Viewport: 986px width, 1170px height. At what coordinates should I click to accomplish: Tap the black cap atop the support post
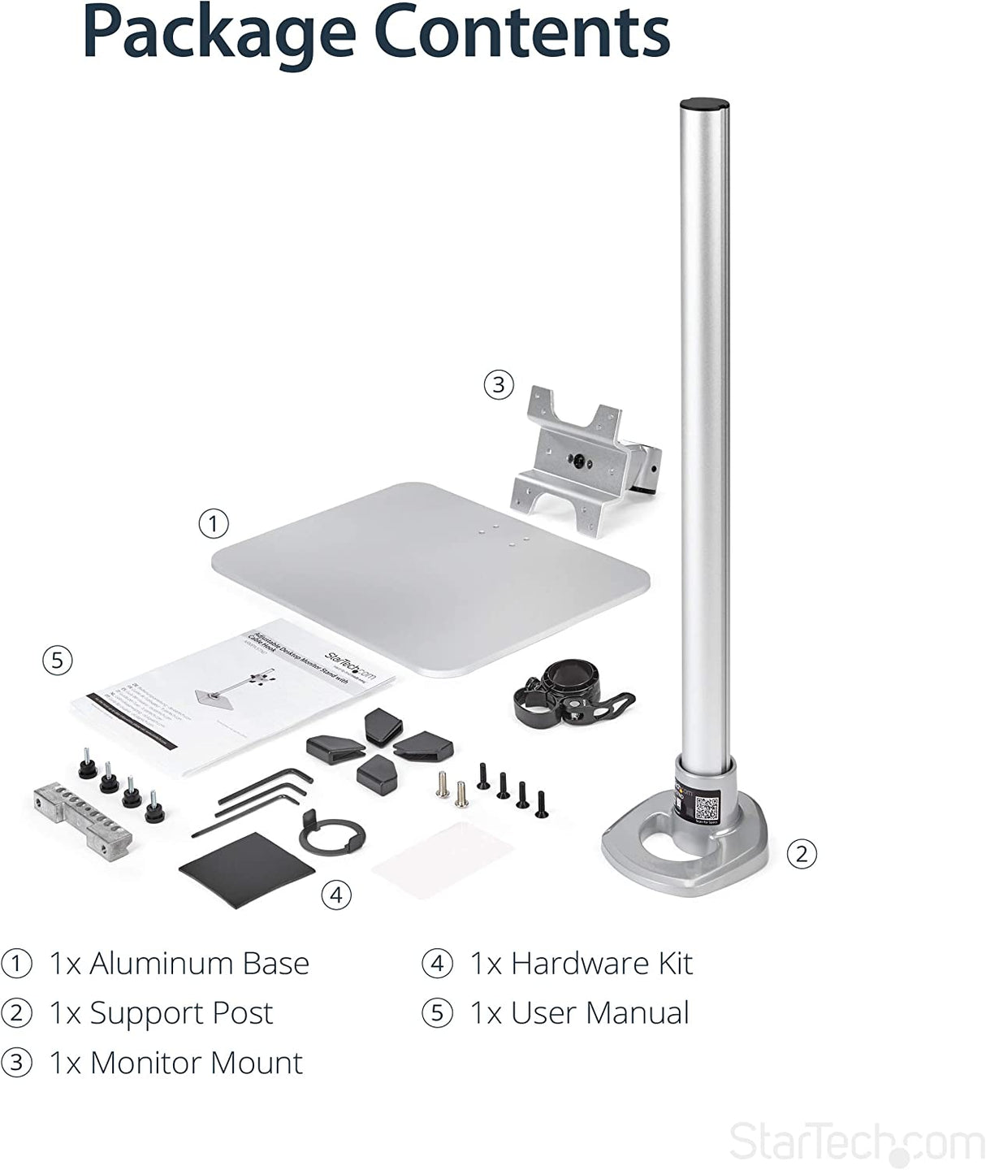point(703,105)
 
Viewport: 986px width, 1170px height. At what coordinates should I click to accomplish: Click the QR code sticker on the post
point(707,808)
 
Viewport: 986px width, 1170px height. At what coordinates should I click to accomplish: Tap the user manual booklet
point(236,691)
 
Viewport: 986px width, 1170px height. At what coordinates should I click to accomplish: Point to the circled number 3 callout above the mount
point(499,383)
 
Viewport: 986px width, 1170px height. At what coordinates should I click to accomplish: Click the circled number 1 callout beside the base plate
point(213,524)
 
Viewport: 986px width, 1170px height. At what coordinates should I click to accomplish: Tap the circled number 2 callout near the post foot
point(802,853)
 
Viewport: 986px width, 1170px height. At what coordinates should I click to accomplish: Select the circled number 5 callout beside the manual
point(56,660)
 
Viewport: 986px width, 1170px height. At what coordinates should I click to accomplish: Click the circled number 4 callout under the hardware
point(335,895)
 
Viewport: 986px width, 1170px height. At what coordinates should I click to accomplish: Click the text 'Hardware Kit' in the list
point(601,964)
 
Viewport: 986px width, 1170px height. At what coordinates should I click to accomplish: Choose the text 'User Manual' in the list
point(599,1013)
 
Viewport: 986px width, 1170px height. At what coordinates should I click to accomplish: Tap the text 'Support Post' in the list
point(180,1013)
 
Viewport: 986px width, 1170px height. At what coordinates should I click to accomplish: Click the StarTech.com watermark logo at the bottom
point(856,1143)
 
